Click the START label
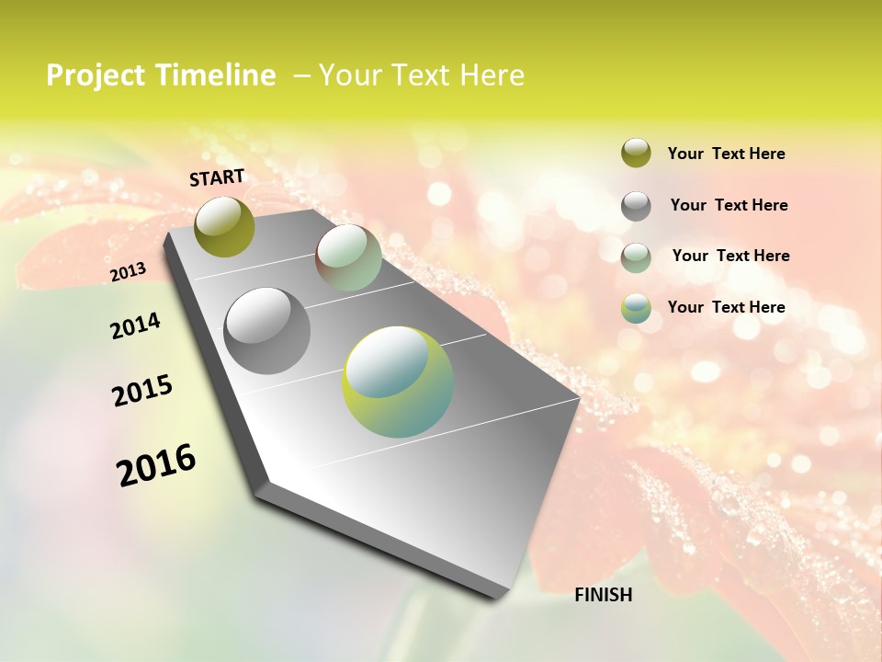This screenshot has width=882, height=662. point(217,177)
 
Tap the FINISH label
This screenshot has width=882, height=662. point(603,595)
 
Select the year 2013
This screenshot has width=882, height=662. point(128,272)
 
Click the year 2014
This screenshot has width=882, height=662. point(135,325)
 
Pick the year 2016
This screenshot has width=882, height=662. point(156,464)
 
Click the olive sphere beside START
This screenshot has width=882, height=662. point(224,226)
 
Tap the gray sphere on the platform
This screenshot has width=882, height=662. point(267,330)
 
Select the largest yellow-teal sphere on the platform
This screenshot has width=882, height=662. point(397,382)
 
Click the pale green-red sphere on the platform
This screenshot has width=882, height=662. point(348,258)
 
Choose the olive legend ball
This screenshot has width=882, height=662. point(636,153)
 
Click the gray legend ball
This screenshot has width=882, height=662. point(636,206)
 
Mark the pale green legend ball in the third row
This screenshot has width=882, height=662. point(636,257)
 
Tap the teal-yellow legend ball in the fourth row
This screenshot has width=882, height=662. point(636,308)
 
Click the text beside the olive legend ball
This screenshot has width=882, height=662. point(726,154)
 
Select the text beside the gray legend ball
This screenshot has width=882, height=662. point(729,205)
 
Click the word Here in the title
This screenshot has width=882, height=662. point(492,75)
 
